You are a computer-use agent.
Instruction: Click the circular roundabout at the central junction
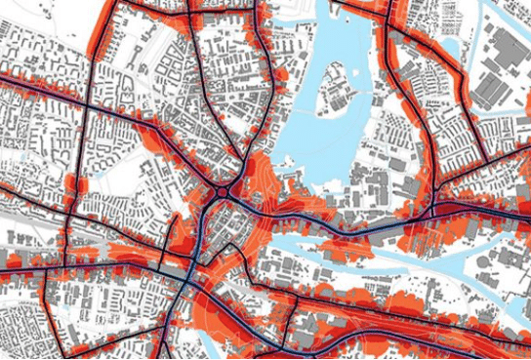tap(224, 194)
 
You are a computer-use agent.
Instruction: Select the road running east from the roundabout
tap(293, 220)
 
